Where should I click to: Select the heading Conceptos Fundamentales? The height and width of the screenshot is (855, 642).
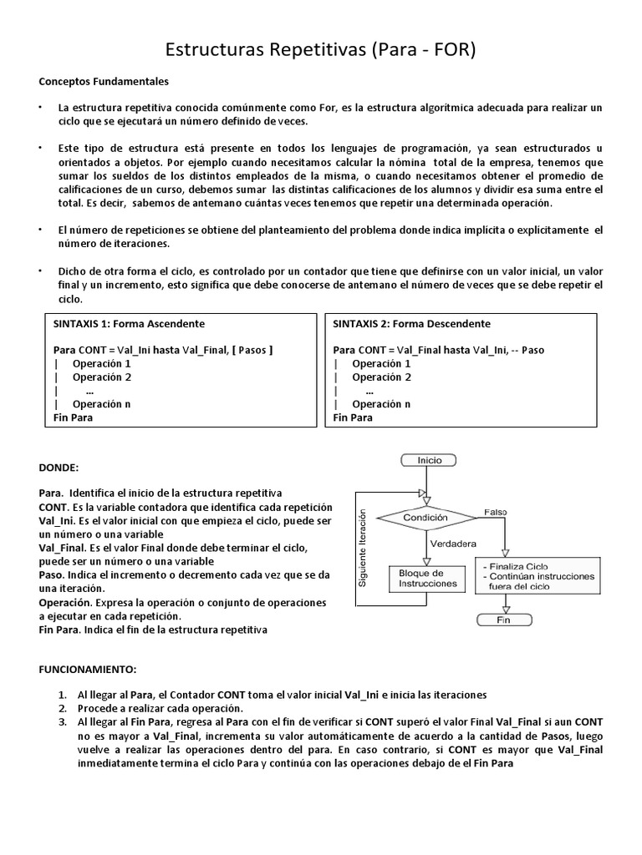104,82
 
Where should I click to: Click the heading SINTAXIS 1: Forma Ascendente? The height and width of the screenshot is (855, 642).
129,324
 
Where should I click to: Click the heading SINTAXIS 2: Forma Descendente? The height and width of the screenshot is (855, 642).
411,324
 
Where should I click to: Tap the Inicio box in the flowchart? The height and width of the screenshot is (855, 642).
430,460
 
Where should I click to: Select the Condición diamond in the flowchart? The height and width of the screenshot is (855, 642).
427,517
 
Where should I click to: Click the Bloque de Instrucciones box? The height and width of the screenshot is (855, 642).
427,578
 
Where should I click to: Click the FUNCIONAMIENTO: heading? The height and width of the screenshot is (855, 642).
87,670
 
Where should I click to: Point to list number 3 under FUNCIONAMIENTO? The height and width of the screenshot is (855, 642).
63,721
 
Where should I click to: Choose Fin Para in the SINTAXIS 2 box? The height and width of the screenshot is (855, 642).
353,417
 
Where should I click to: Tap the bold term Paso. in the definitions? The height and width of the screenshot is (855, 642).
52,575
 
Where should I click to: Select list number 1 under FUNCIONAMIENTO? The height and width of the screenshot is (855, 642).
63,695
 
